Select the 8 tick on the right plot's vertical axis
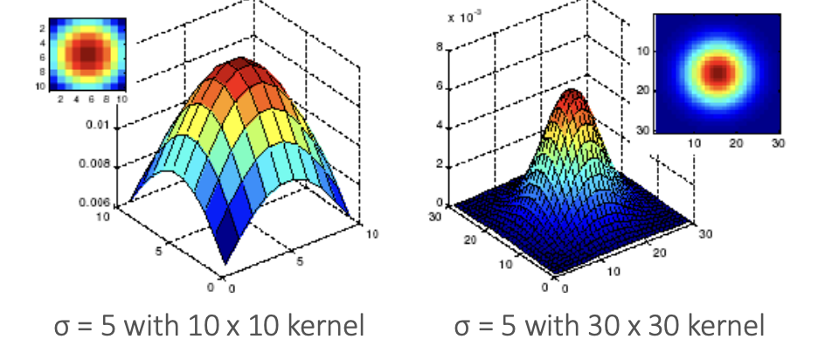[x=439, y=48]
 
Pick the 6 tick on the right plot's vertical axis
[x=439, y=88]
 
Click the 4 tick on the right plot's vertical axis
[x=439, y=128]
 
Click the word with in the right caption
[x=534, y=326]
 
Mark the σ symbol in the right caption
[x=461, y=326]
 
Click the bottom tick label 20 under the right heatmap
[x=735, y=142]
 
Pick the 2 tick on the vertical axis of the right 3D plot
[x=439, y=167]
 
